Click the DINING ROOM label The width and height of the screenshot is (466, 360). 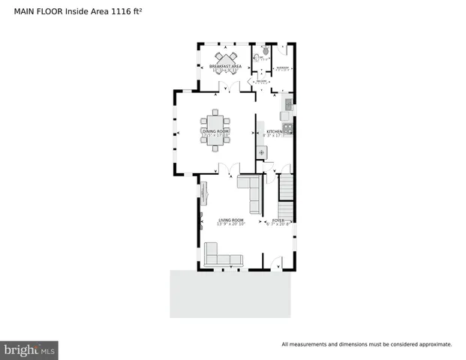click(215, 131)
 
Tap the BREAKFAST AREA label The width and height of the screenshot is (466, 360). click(224, 67)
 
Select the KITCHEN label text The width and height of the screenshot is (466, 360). click(274, 131)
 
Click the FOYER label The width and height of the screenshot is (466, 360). click(278, 220)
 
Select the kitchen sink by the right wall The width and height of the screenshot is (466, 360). click(285, 115)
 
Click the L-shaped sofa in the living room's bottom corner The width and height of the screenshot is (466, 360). click(221, 256)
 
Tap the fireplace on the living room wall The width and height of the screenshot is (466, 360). click(203, 193)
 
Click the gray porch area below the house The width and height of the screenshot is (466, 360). click(230, 293)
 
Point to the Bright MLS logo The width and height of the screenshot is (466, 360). click(29, 349)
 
